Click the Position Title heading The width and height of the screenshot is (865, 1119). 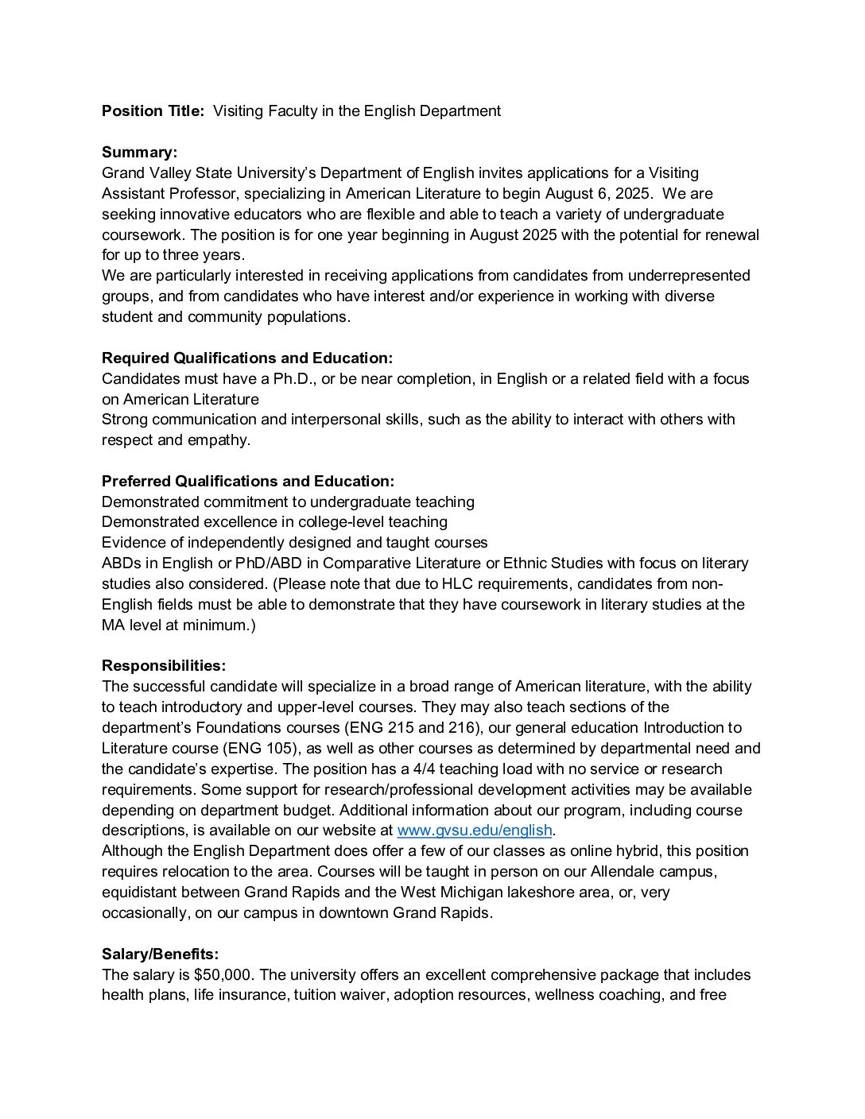(x=153, y=111)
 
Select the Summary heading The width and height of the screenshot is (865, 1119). (x=139, y=153)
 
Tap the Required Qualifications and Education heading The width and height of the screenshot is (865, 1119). (x=247, y=358)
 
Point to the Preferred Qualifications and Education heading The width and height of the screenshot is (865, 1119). (x=248, y=481)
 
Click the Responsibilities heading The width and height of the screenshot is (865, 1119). (x=164, y=666)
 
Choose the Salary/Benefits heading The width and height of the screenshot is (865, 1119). (x=160, y=954)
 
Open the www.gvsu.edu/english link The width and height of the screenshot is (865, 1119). (x=474, y=831)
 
